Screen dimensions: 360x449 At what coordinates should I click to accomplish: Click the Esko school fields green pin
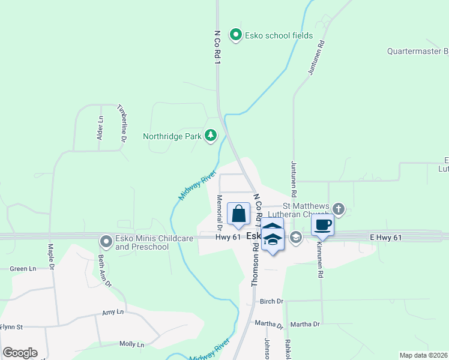click(x=237, y=35)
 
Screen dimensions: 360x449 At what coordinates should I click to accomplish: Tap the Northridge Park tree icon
click(x=210, y=136)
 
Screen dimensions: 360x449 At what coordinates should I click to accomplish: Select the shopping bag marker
click(x=239, y=214)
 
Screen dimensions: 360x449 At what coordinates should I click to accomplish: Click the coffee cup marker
click(x=322, y=224)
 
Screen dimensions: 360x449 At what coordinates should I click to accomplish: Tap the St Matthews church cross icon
click(x=339, y=209)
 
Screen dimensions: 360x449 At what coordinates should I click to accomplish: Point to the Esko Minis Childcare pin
click(x=106, y=242)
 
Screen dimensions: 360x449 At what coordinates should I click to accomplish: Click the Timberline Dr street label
click(x=122, y=123)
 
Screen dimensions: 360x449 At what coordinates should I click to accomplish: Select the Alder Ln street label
click(x=100, y=128)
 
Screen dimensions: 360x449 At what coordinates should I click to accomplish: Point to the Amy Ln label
click(x=113, y=313)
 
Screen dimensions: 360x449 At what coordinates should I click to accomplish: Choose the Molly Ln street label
click(x=131, y=344)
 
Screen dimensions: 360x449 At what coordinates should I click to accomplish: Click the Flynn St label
click(x=11, y=327)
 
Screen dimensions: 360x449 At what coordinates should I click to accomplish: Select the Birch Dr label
click(x=271, y=301)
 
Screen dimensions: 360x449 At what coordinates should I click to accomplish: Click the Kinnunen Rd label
click(x=321, y=262)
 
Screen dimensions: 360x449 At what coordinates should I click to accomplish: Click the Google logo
click(x=20, y=353)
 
